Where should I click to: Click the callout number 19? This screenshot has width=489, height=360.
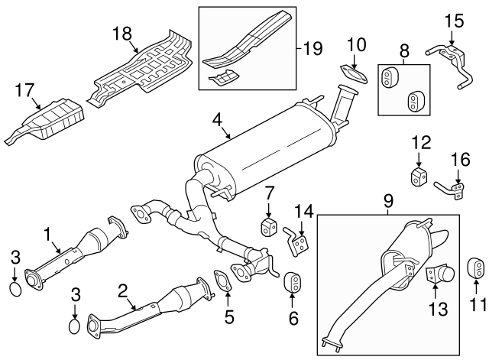tap(313, 49)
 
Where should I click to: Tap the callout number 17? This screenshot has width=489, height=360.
tap(24, 90)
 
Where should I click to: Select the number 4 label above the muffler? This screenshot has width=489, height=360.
tap(217, 121)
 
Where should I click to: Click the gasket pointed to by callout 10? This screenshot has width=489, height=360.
tap(353, 74)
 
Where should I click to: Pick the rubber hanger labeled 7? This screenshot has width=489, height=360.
tap(267, 228)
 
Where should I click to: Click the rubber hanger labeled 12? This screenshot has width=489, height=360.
tap(418, 177)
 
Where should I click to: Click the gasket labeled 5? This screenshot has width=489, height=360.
tap(222, 281)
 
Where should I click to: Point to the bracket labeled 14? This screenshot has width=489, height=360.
tap(297, 243)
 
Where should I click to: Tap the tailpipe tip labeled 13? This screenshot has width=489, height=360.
tap(440, 274)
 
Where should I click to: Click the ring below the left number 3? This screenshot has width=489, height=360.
tap(15, 289)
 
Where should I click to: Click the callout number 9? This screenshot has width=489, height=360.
tap(388, 201)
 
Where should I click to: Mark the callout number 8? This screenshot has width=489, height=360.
tap(404, 51)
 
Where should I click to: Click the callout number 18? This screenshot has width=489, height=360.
tap(122, 34)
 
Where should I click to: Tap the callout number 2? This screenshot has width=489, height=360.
tap(123, 292)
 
